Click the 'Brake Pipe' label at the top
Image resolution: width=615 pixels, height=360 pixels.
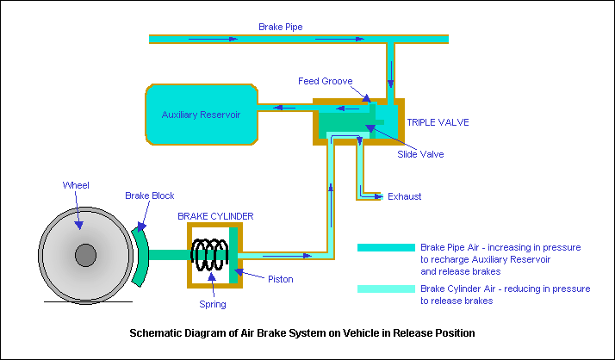click(x=279, y=27)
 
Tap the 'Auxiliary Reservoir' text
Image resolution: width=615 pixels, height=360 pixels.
click(x=201, y=114)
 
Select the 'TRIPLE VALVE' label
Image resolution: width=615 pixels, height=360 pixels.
click(x=438, y=122)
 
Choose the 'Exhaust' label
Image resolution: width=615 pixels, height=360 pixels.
click(x=405, y=196)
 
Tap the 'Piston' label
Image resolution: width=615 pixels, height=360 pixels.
click(x=280, y=279)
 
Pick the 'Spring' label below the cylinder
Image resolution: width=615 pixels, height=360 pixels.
click(x=212, y=304)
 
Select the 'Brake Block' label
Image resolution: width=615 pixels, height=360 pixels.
click(x=150, y=196)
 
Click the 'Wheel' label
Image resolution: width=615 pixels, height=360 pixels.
click(x=76, y=185)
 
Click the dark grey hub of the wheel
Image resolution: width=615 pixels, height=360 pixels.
click(x=85, y=255)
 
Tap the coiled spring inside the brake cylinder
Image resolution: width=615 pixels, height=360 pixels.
click(x=209, y=254)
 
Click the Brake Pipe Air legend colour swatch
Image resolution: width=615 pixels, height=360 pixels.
click(x=386, y=247)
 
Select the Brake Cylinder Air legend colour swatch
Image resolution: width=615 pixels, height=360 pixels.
click(x=386, y=289)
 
